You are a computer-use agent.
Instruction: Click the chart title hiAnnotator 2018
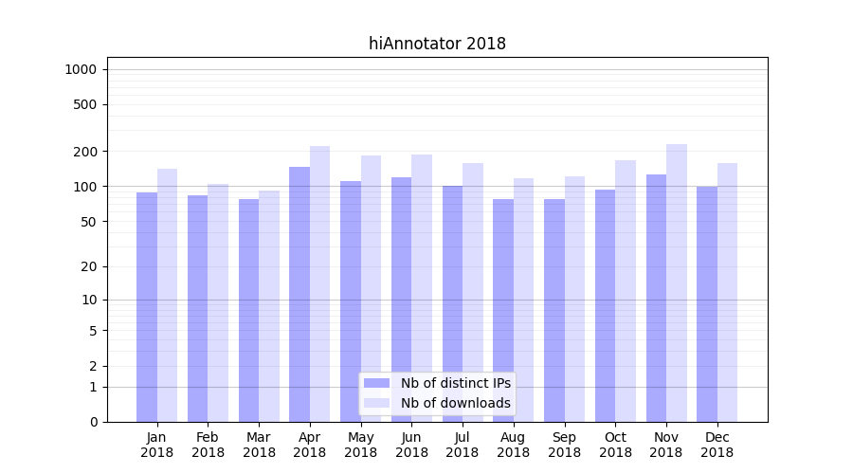click(x=437, y=44)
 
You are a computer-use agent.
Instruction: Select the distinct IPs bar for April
click(x=299, y=294)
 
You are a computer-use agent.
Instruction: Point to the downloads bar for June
click(x=422, y=288)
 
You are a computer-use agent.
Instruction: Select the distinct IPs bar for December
click(x=707, y=303)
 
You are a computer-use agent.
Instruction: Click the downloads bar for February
click(x=218, y=302)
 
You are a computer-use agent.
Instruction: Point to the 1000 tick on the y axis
click(x=81, y=69)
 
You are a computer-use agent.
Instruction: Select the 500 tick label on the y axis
click(x=85, y=104)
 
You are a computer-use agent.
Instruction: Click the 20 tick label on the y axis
click(x=89, y=266)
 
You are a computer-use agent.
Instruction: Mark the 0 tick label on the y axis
click(x=93, y=422)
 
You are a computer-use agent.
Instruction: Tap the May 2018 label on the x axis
click(x=360, y=445)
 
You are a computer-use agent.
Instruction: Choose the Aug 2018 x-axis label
click(x=514, y=445)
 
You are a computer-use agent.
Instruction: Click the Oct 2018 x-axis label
click(x=615, y=445)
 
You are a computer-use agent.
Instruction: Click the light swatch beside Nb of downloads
click(x=377, y=403)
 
